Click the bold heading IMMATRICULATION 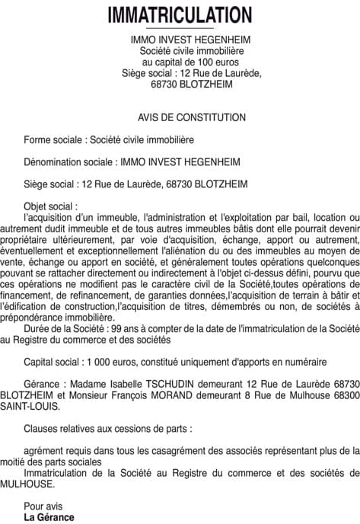[180, 15]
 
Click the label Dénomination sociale [68, 162]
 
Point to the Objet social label [50, 206]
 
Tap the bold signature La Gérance [49, 517]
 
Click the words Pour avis [41, 506]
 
